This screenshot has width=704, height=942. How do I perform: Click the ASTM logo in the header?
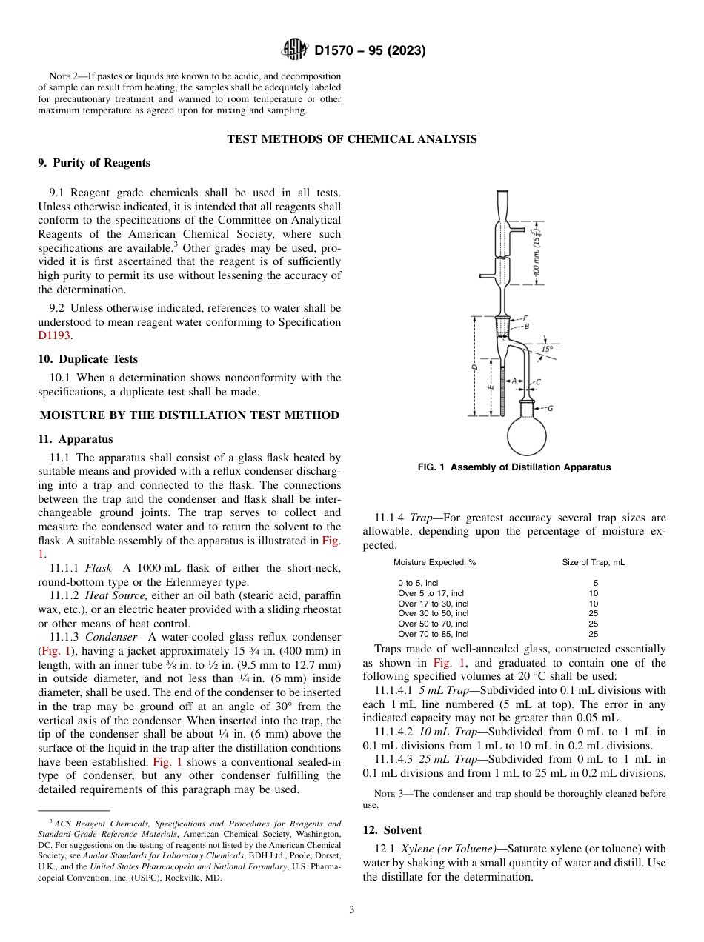[x=296, y=50]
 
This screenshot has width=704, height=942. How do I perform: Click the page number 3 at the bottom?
[x=352, y=909]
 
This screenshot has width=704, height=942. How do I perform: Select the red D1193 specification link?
[x=53, y=335]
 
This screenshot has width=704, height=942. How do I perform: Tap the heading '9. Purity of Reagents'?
[x=94, y=163]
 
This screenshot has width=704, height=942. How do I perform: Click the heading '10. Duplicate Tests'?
[x=87, y=359]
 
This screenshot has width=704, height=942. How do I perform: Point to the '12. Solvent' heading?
[x=392, y=830]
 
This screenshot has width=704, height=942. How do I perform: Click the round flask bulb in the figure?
[x=527, y=435]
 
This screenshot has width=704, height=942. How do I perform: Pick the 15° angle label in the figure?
[x=546, y=348]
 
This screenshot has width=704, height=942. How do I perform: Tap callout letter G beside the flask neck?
[x=550, y=408]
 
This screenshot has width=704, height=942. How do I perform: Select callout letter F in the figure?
[x=525, y=318]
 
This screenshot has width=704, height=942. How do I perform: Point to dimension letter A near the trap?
[x=514, y=381]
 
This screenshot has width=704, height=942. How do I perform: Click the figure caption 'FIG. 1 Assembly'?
[x=514, y=467]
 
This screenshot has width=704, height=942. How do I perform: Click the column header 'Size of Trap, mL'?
[x=593, y=562]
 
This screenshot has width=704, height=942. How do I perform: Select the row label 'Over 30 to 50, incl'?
[x=433, y=613]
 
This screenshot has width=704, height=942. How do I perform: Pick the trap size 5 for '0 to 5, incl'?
[x=595, y=583]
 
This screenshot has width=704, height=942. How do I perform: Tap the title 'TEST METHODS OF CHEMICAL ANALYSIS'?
[x=351, y=139]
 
